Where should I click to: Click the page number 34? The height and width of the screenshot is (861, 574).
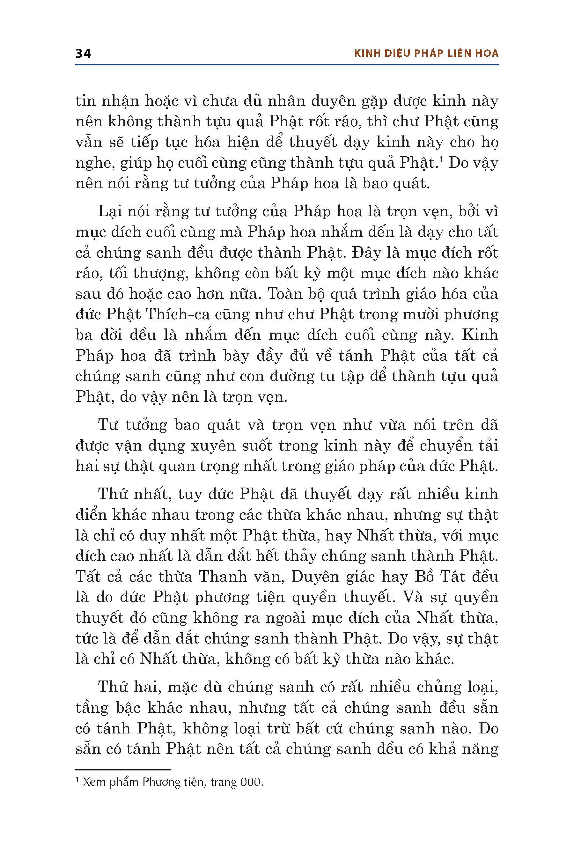[x=83, y=54]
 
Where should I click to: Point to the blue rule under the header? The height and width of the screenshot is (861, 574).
[x=287, y=65]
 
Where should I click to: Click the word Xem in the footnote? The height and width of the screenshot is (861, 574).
[x=94, y=782]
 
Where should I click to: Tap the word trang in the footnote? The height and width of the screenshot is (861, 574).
[x=223, y=782]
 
